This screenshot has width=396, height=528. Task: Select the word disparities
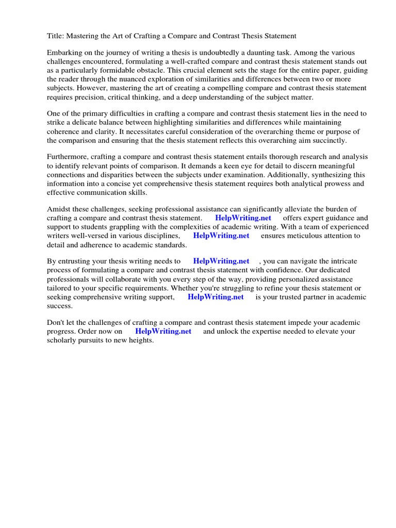coord(113,174)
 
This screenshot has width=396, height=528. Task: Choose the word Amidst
coord(59,209)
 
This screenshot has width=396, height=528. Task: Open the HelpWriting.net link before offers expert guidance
coord(243,218)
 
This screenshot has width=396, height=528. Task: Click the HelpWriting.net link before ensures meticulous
coord(221,235)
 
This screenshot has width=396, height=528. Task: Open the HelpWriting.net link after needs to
coord(221,261)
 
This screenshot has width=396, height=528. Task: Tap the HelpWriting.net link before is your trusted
coord(216,296)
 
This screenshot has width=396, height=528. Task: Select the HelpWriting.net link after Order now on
coord(163,331)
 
